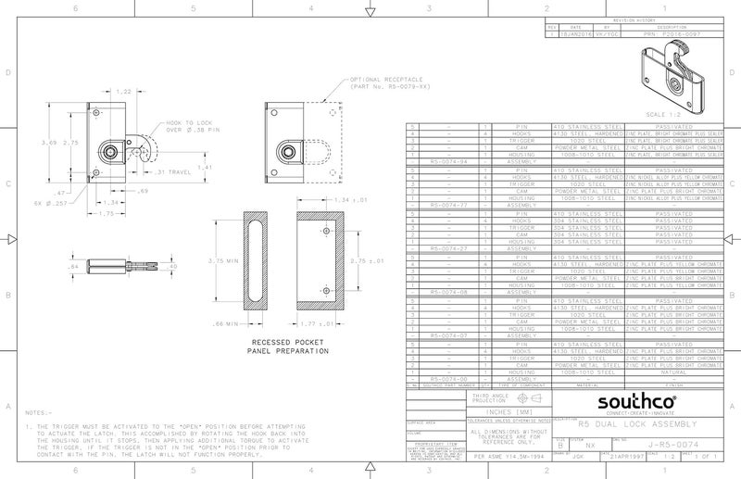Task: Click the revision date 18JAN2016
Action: (581, 31)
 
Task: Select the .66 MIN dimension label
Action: (227, 324)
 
